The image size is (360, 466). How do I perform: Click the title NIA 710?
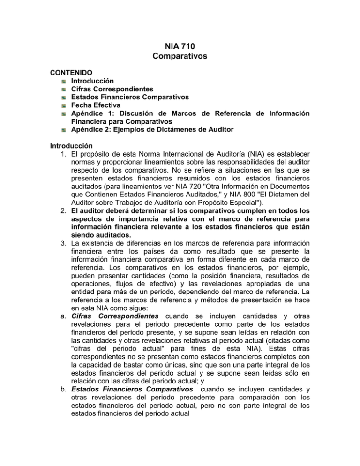coord(180,47)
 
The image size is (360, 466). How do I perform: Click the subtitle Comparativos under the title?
coord(180,58)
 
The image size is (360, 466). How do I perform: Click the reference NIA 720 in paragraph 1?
coord(186,187)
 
